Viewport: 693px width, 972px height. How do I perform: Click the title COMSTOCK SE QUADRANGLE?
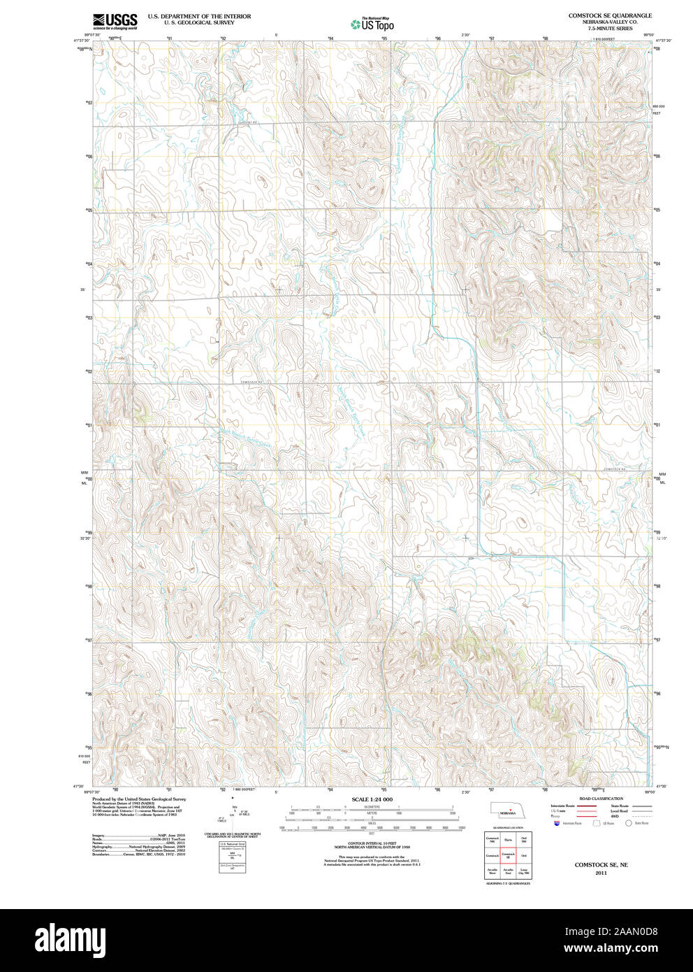click(609, 15)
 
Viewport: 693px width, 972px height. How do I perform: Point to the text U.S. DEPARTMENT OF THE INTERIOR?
click(199, 15)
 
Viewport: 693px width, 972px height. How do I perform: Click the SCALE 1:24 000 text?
click(372, 799)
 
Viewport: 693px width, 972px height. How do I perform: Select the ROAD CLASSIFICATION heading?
click(601, 799)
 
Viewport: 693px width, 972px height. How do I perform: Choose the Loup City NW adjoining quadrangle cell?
click(523, 871)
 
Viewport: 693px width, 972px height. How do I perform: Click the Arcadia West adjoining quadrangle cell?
click(493, 871)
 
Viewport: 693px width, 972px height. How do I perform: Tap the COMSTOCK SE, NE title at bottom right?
click(601, 865)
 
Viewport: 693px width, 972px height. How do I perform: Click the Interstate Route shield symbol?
click(555, 824)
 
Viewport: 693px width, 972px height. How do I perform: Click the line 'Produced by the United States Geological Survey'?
click(139, 799)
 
